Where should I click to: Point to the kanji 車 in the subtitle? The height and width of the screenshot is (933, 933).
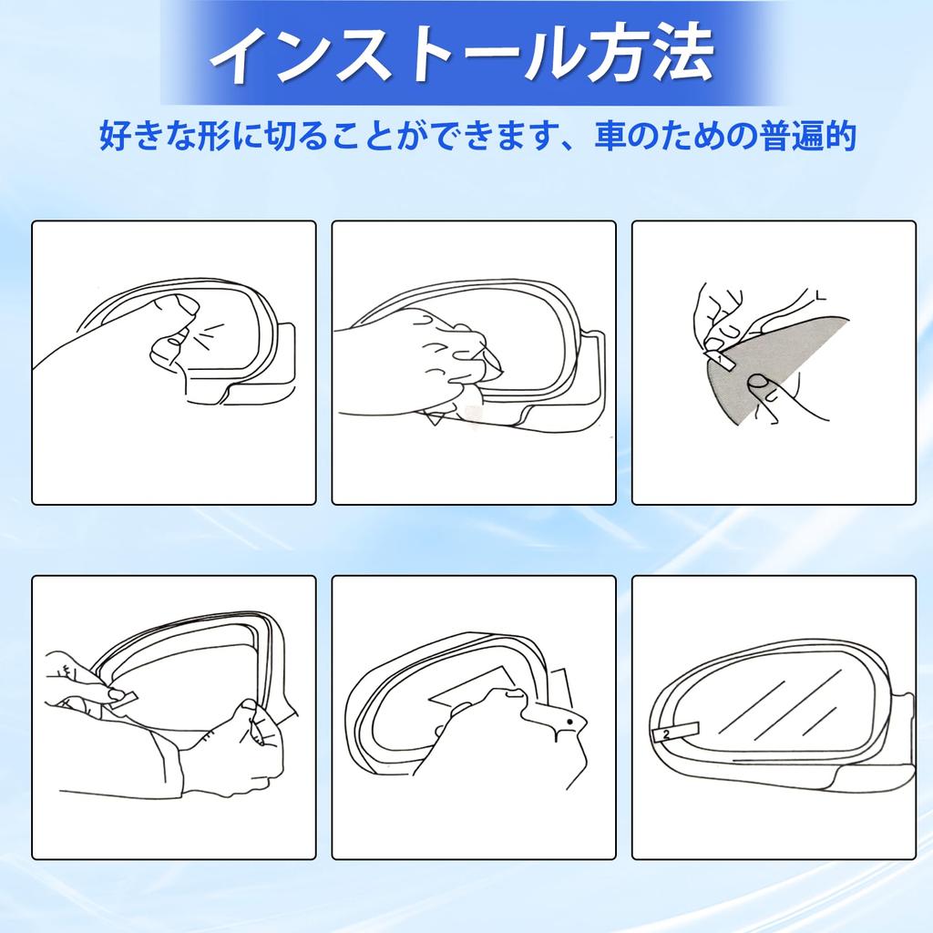(612, 137)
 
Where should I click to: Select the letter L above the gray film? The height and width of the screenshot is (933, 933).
(821, 294)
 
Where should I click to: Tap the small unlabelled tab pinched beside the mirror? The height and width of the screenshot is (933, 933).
(123, 696)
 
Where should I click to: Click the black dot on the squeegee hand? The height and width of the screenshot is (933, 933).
(569, 722)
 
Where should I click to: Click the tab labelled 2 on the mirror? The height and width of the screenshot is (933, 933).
(669, 734)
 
